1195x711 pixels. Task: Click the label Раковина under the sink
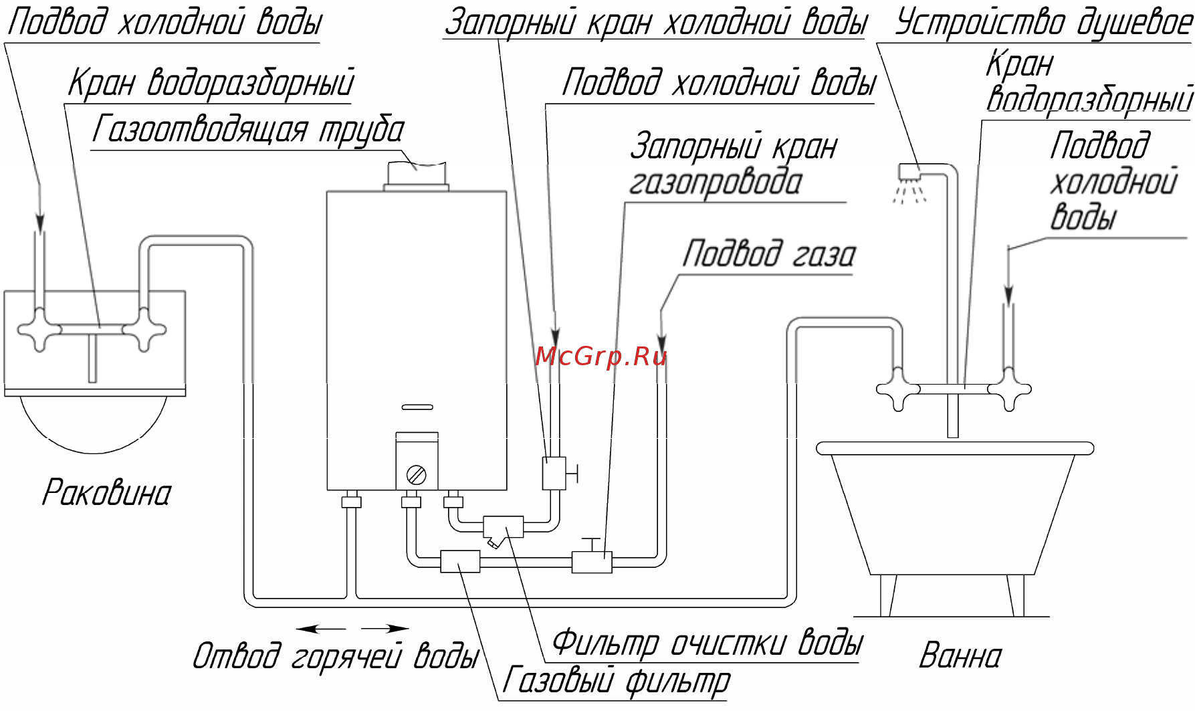click(107, 494)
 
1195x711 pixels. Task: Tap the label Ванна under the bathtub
click(960, 656)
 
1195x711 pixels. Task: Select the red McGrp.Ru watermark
click(601, 357)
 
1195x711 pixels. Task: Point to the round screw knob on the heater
click(416, 475)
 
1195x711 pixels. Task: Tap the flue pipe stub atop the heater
click(416, 175)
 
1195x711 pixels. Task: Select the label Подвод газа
click(768, 255)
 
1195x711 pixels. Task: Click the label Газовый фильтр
click(616, 682)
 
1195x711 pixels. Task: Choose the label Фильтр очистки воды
click(707, 643)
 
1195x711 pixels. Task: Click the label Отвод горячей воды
click(336, 656)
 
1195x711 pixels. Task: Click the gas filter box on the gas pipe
click(460, 561)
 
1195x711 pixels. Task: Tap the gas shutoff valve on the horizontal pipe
click(592, 559)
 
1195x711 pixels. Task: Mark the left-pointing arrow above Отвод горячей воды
click(321, 629)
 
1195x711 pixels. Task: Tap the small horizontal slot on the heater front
click(417, 407)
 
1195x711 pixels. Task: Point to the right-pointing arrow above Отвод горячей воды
click(385, 629)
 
